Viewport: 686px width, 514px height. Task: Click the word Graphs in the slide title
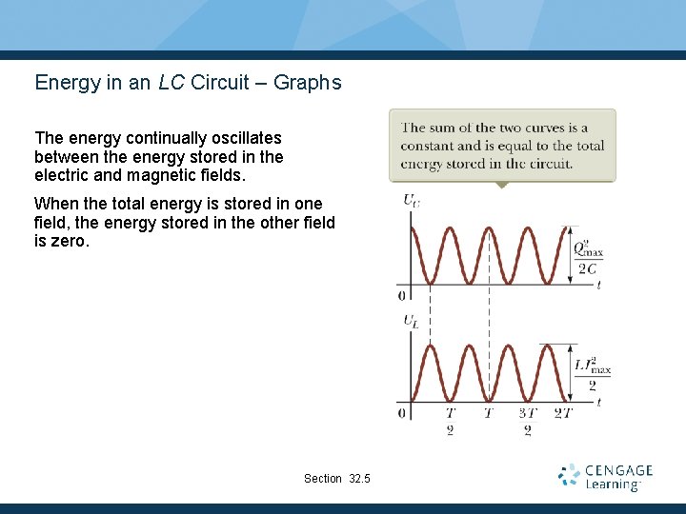point(307,83)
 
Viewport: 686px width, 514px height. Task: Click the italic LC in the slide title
point(171,83)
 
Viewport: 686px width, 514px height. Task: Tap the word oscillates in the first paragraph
point(245,138)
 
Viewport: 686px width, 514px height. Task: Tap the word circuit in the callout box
point(547,164)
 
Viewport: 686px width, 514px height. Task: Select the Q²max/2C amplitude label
point(587,258)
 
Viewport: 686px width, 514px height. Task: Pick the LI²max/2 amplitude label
point(591,373)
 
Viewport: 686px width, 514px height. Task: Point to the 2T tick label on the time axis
point(564,413)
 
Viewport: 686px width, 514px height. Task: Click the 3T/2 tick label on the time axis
point(527,422)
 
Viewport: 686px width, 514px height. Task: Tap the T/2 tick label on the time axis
point(450,422)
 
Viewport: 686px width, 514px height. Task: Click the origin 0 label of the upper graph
point(401,295)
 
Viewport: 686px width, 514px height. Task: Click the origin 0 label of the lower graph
point(401,413)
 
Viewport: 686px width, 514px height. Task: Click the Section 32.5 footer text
point(336,478)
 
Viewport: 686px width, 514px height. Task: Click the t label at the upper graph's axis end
point(598,286)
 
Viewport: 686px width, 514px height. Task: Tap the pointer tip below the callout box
point(502,186)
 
